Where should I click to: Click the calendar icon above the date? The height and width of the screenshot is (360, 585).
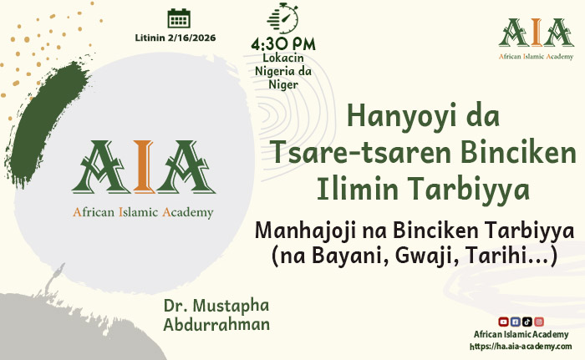tap(178, 18)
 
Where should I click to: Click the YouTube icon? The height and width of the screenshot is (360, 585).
tap(503, 322)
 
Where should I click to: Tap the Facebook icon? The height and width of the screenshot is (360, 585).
tap(515, 322)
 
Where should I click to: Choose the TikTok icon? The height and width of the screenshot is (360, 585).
tap(526, 322)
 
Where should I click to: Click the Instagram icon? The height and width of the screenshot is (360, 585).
tap(539, 322)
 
